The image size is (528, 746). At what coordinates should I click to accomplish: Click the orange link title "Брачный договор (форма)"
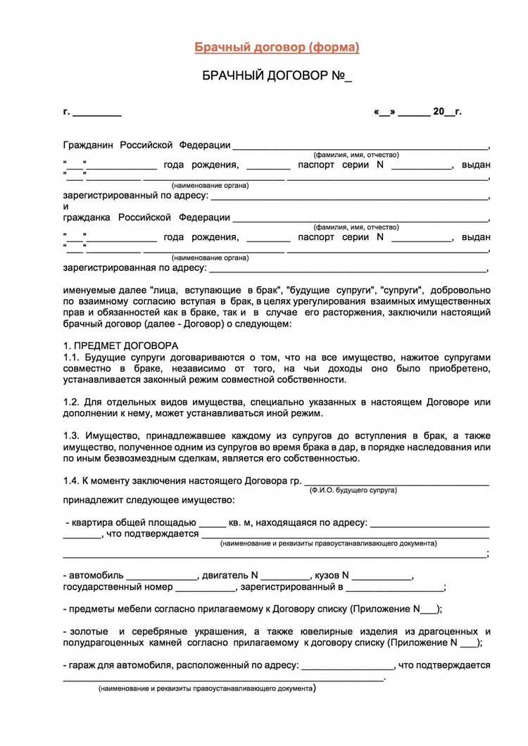[277, 47]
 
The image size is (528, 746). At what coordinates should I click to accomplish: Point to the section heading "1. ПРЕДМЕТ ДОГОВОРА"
[120, 346]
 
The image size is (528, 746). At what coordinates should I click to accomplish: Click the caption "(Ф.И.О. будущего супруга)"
[353, 490]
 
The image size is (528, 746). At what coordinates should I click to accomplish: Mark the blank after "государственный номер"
[204, 588]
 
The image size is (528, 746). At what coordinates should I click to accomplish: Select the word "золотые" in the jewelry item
[89, 631]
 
